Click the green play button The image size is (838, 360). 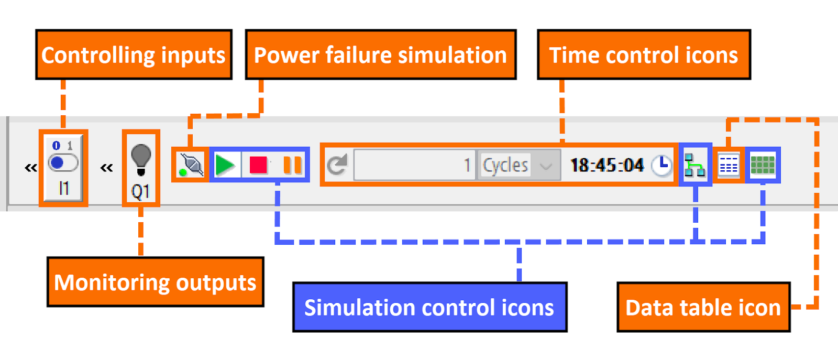tap(225, 165)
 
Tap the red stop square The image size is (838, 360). tap(259, 165)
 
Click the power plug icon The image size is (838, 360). tap(191, 165)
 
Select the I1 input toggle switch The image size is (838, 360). tap(63, 163)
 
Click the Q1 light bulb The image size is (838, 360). tap(141, 160)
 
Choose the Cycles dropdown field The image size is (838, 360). tap(516, 166)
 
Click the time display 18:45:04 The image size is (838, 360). tap(607, 166)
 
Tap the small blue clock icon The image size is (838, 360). tap(661, 166)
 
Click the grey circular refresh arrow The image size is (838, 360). tap(337, 165)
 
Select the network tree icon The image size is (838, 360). tap(695, 166)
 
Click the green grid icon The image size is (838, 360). tap(763, 165)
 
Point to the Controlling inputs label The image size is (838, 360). tap(134, 55)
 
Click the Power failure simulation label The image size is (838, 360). tap(381, 55)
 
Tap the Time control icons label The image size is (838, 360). tap(644, 55)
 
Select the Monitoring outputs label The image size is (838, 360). tap(156, 282)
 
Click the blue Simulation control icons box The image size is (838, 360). tap(429, 308)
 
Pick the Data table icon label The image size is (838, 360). tap(703, 308)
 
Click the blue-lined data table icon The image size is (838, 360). tap(729, 166)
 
